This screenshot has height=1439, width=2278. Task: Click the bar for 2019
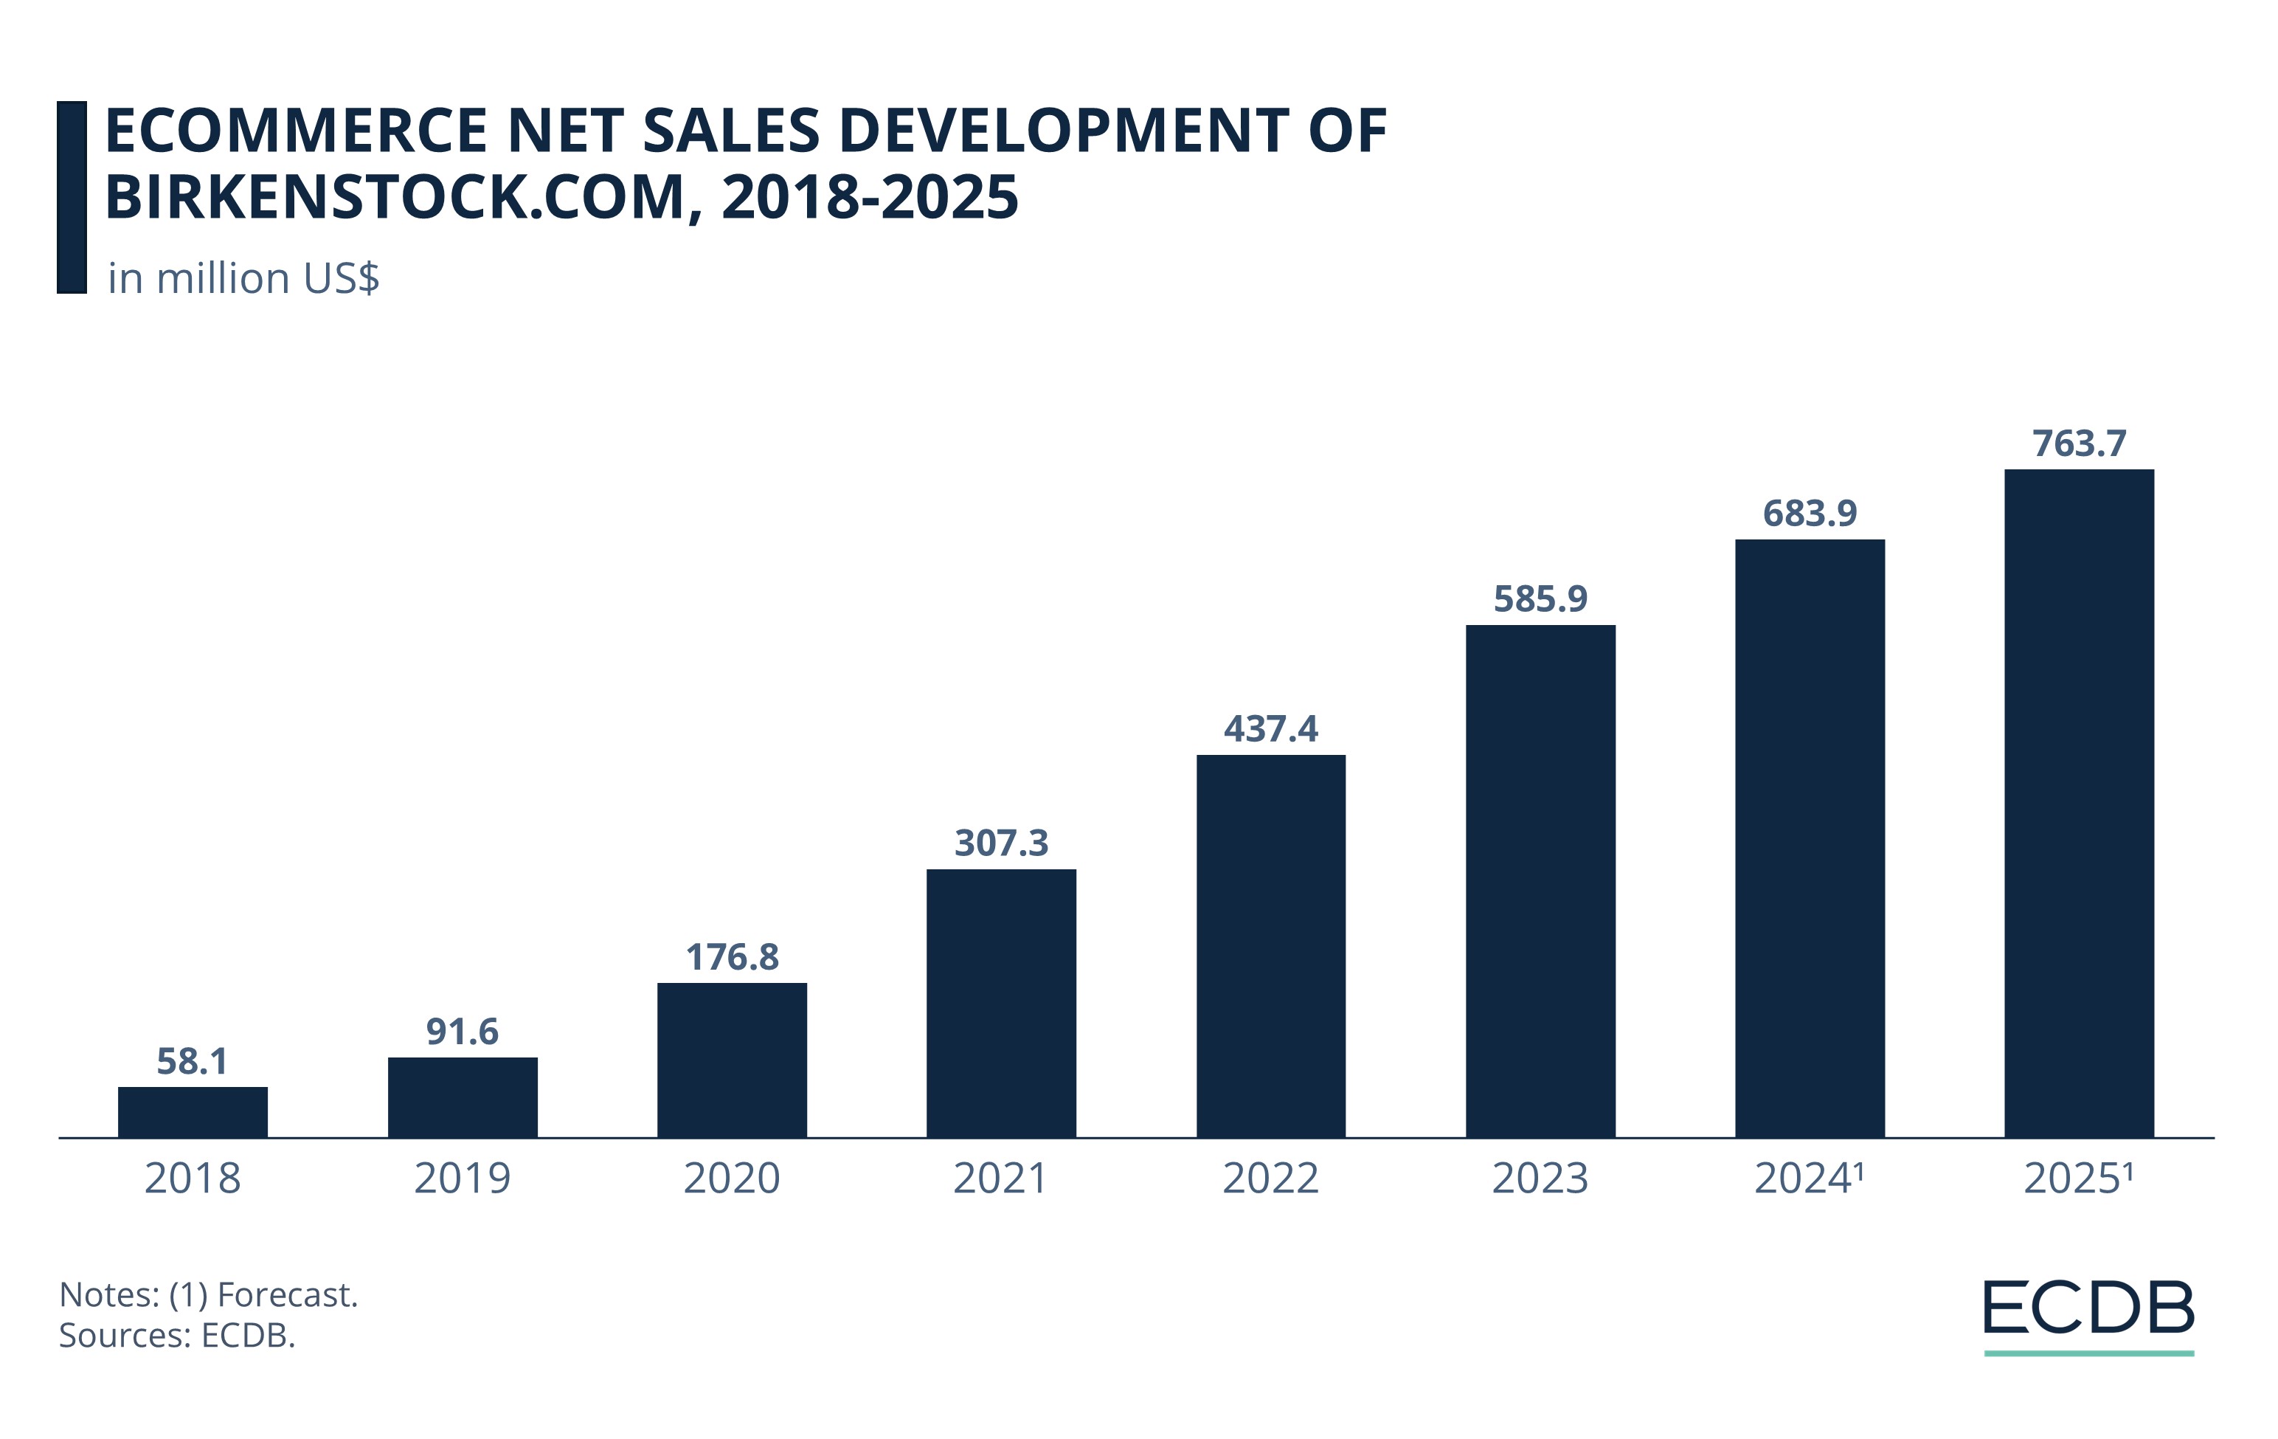463,1097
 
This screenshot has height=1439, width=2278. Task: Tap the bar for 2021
1001,1003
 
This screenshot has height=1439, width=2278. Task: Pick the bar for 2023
1540,880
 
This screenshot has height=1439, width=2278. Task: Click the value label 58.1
193,1061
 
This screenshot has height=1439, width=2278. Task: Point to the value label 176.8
733,957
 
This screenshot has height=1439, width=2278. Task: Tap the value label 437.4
1270,728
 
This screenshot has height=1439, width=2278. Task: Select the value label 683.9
1810,514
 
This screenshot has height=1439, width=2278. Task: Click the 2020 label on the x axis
733,1179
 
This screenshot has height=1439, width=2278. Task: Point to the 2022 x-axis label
1270,1179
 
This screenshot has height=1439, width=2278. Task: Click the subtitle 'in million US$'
243,278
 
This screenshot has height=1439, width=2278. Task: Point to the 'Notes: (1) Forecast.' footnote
208,1294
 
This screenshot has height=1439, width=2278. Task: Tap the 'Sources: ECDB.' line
177,1335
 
